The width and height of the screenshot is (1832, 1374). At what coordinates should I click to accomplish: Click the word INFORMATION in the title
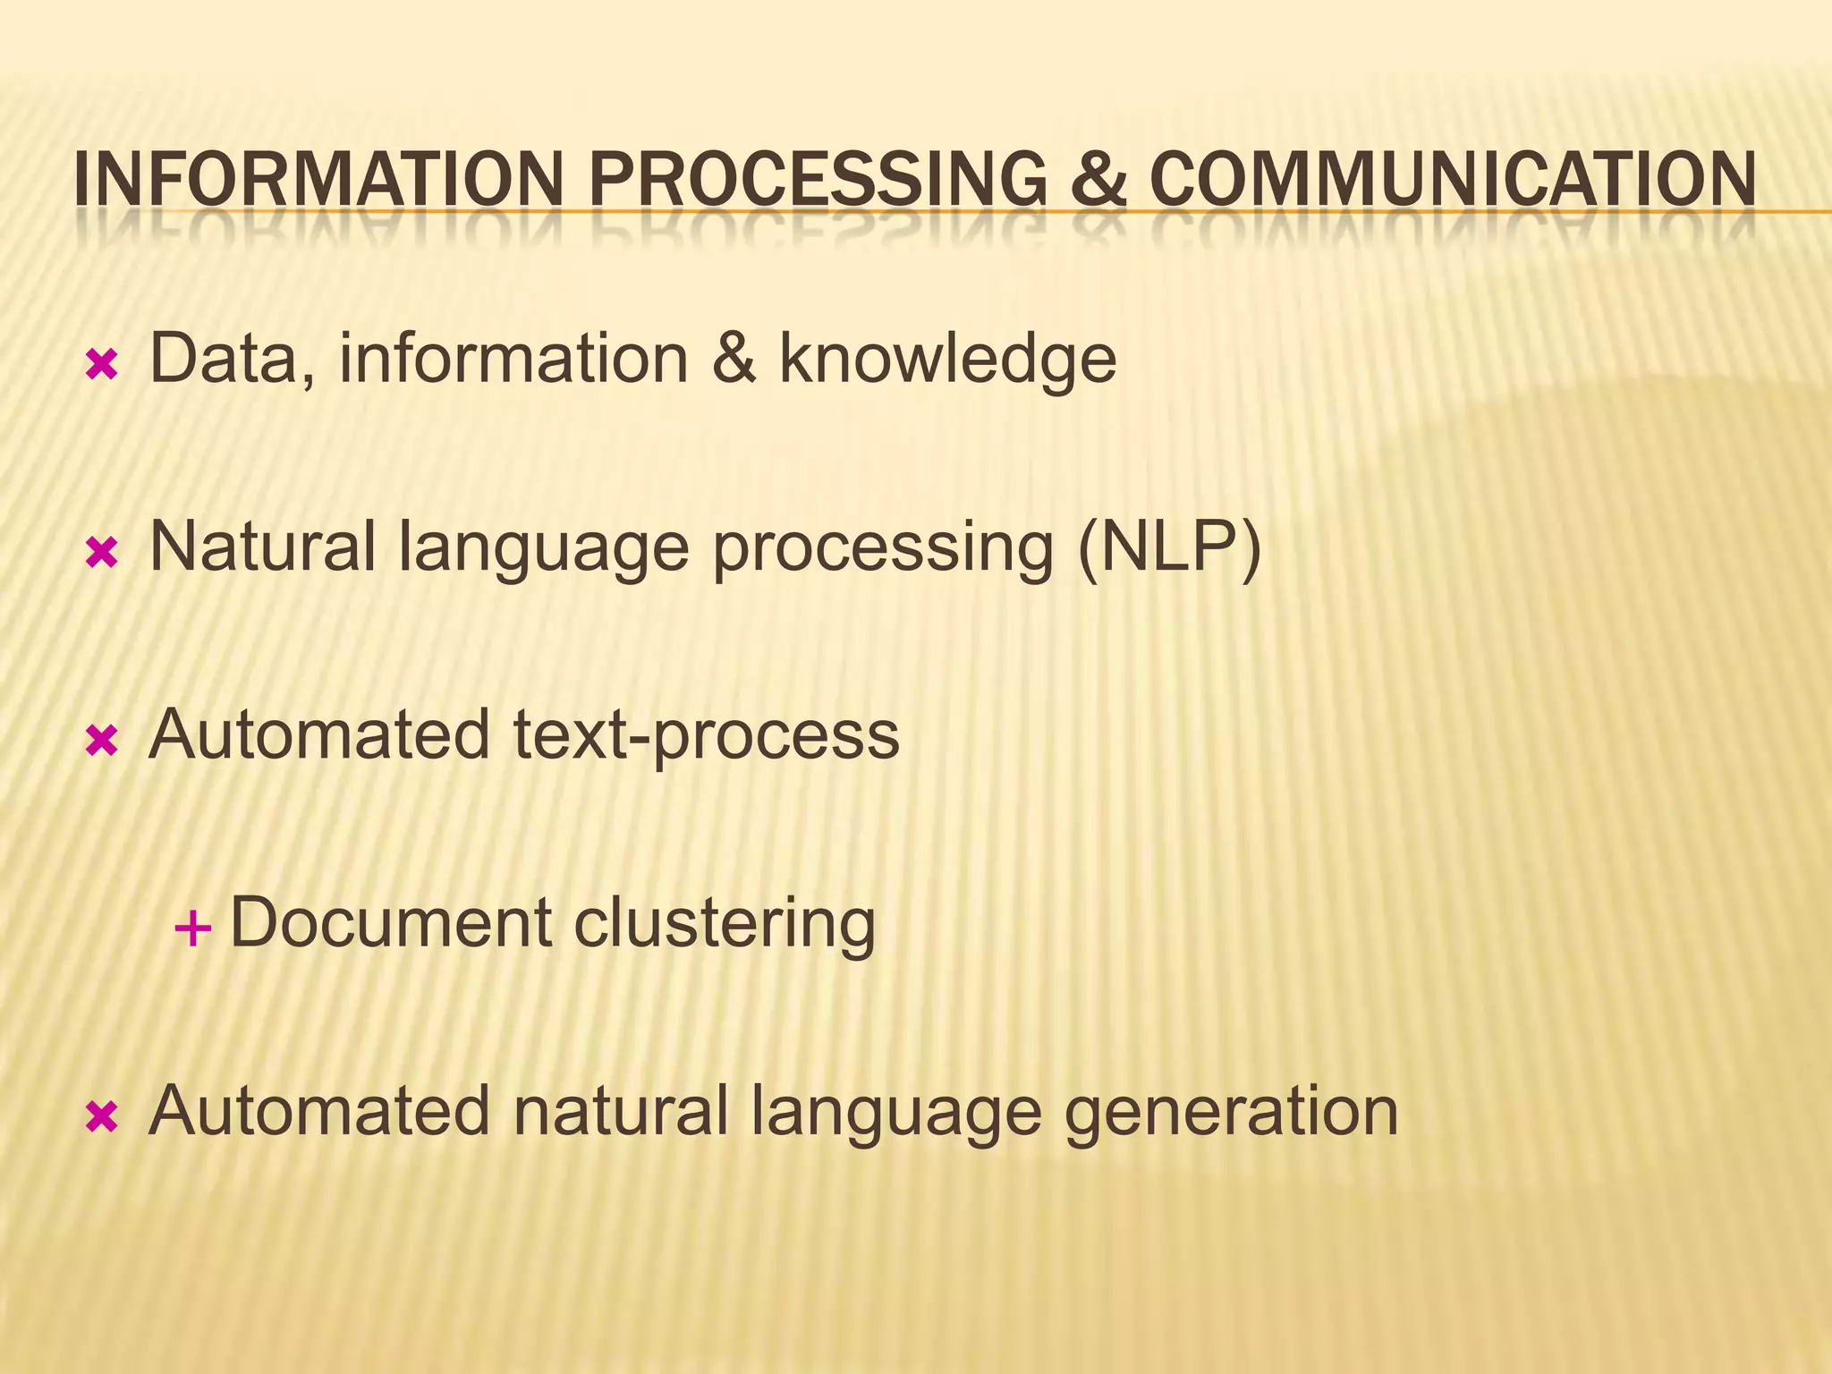coord(318,179)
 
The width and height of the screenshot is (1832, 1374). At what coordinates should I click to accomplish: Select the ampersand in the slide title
coord(1098,179)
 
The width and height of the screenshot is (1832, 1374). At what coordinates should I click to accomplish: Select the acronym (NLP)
coord(1170,547)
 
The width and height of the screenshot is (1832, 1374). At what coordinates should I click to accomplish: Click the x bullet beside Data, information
coord(101,364)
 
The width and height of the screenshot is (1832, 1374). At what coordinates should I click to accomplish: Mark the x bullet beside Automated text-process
coord(101,741)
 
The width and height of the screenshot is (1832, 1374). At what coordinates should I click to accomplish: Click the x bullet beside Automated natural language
coord(101,1116)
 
